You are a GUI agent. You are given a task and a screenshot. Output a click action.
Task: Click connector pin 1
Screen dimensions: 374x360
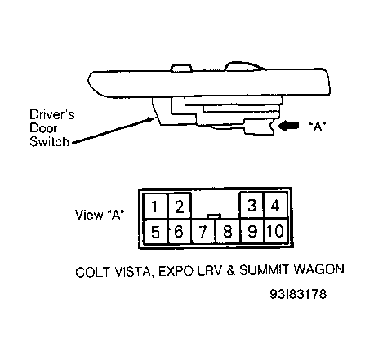pyautogui.click(x=155, y=206)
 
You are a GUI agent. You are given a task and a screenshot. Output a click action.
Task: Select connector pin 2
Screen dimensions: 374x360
pyautogui.click(x=180, y=206)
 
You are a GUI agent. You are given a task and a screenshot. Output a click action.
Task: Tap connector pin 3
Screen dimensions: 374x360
pyautogui.click(x=252, y=206)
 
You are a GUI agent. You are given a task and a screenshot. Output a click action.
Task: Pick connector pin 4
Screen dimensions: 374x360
pyautogui.click(x=275, y=206)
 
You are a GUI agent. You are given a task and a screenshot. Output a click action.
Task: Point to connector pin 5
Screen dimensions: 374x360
pyautogui.click(x=155, y=232)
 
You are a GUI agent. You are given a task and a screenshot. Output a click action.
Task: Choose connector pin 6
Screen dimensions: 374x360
pyautogui.click(x=179, y=232)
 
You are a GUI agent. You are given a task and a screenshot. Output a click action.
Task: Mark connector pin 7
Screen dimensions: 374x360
pyautogui.click(x=203, y=232)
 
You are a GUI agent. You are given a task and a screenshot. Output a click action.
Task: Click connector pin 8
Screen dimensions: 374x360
pyautogui.click(x=228, y=232)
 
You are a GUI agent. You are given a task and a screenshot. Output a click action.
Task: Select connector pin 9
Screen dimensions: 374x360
pyautogui.click(x=252, y=232)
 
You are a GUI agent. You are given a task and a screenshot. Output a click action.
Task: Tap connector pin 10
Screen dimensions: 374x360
pyautogui.click(x=275, y=232)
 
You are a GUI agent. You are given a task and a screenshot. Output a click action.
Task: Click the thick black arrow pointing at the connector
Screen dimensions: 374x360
pyautogui.click(x=288, y=126)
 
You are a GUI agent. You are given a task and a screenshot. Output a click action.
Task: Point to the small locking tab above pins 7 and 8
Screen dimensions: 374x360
pyautogui.click(x=214, y=216)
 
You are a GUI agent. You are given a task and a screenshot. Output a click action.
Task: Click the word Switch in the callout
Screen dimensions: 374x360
pyautogui.click(x=49, y=142)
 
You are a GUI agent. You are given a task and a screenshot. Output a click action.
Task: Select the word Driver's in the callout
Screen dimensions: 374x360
pyautogui.click(x=51, y=114)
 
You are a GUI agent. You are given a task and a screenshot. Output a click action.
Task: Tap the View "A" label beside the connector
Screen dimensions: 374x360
pyautogui.click(x=100, y=215)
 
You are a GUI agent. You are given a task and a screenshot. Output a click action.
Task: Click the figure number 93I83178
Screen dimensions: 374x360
pyautogui.click(x=298, y=294)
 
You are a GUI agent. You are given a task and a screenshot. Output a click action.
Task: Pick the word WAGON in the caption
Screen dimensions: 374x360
pyautogui.click(x=319, y=270)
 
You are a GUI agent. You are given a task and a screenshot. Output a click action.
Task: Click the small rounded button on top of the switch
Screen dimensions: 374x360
pyautogui.click(x=181, y=68)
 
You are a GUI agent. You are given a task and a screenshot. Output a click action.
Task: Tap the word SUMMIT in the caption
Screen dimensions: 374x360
pyautogui.click(x=264, y=270)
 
